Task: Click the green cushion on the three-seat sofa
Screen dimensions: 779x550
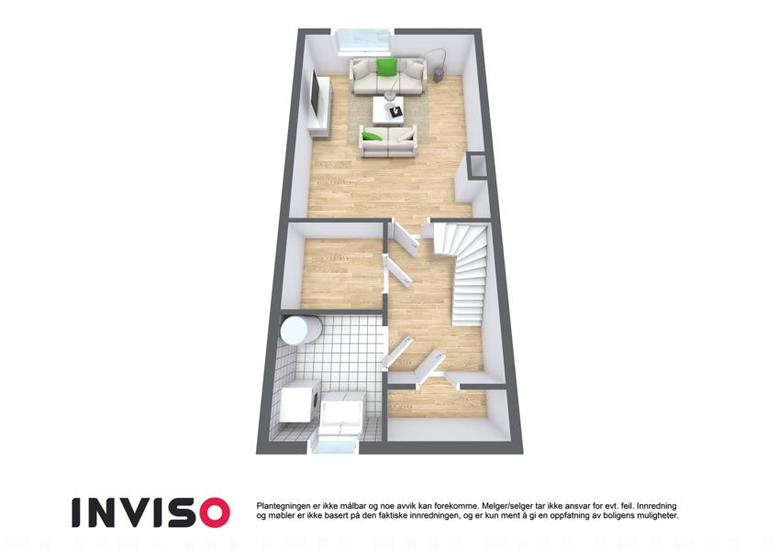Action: [386, 68]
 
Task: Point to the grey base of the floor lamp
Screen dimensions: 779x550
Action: [440, 76]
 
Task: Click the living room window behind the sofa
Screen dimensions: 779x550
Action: [363, 41]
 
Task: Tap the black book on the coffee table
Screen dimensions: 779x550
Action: [396, 112]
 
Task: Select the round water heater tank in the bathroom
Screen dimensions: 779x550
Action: [300, 330]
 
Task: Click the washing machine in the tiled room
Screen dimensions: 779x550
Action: [299, 402]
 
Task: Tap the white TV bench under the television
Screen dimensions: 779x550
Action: [320, 106]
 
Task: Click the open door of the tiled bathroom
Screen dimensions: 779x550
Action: [399, 353]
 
